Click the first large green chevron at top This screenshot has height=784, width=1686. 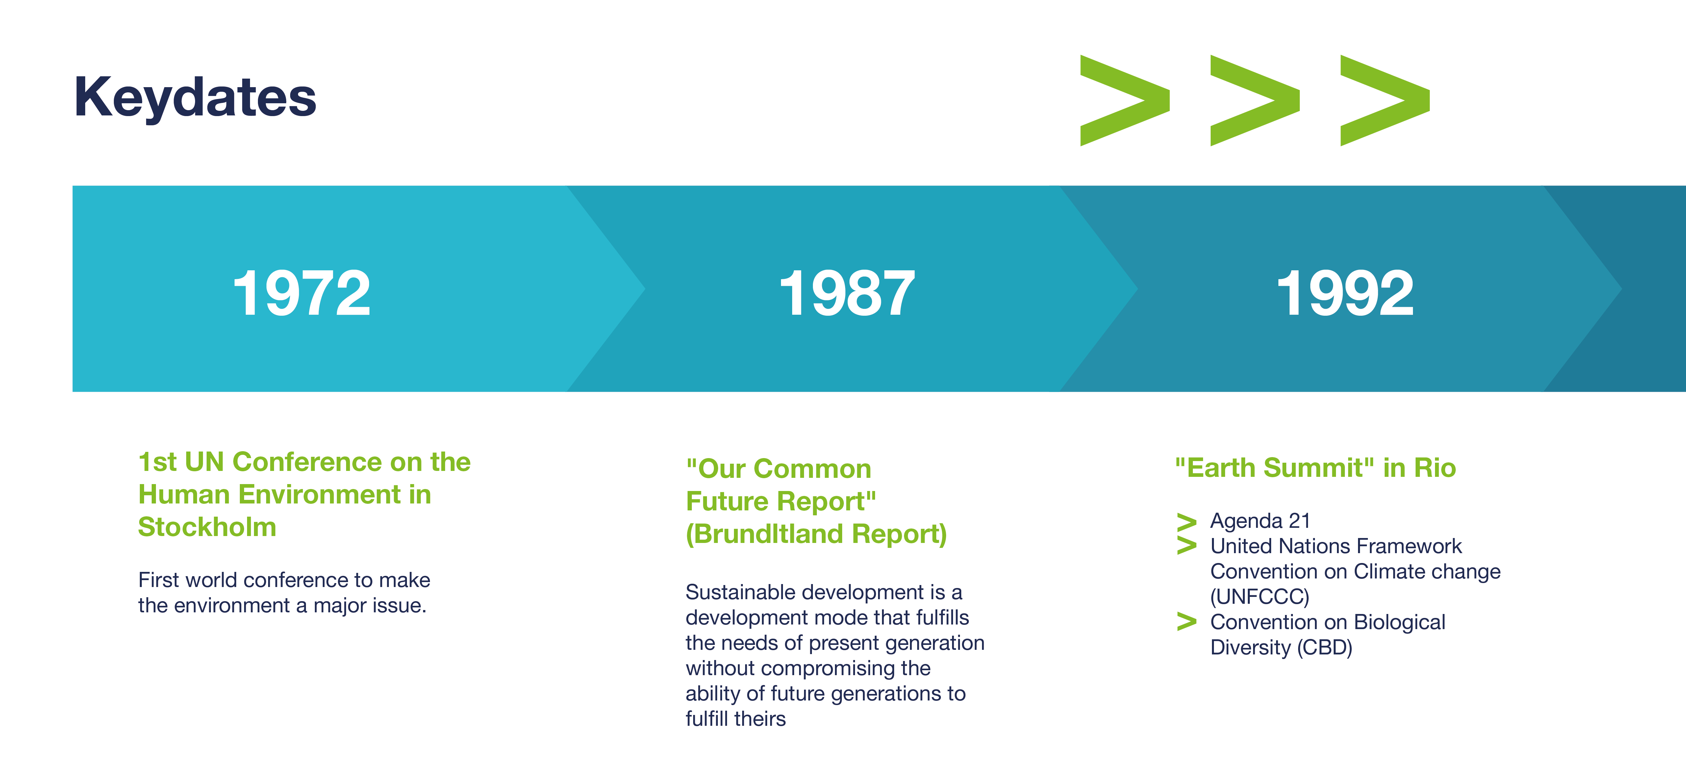pyautogui.click(x=1124, y=100)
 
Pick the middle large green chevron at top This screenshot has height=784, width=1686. pyautogui.click(x=1255, y=100)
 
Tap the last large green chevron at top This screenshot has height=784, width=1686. pyautogui.click(x=1385, y=100)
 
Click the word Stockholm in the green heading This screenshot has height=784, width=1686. pyautogui.click(x=207, y=527)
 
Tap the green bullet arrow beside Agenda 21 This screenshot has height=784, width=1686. pyautogui.click(x=1186, y=522)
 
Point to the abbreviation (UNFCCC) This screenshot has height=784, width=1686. pyautogui.click(x=1259, y=597)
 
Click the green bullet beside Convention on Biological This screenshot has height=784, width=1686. pyautogui.click(x=1186, y=622)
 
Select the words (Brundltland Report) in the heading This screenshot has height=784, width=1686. pyautogui.click(x=816, y=534)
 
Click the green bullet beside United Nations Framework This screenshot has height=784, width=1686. pyautogui.click(x=1186, y=546)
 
